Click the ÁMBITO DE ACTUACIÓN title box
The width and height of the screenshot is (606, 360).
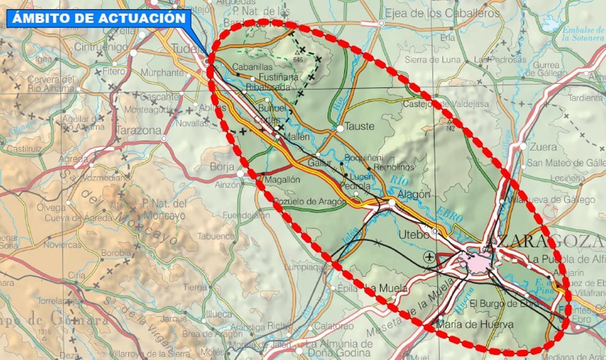(98, 18)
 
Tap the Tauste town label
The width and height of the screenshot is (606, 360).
(360, 126)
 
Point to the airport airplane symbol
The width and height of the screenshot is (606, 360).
(430, 256)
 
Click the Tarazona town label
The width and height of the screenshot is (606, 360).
(138, 130)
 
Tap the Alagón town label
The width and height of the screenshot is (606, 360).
(414, 194)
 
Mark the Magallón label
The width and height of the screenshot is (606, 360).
(284, 180)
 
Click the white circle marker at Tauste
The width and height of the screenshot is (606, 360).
(340, 129)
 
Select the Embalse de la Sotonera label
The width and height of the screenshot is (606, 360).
(583, 33)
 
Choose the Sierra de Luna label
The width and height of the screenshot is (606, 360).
(432, 60)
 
